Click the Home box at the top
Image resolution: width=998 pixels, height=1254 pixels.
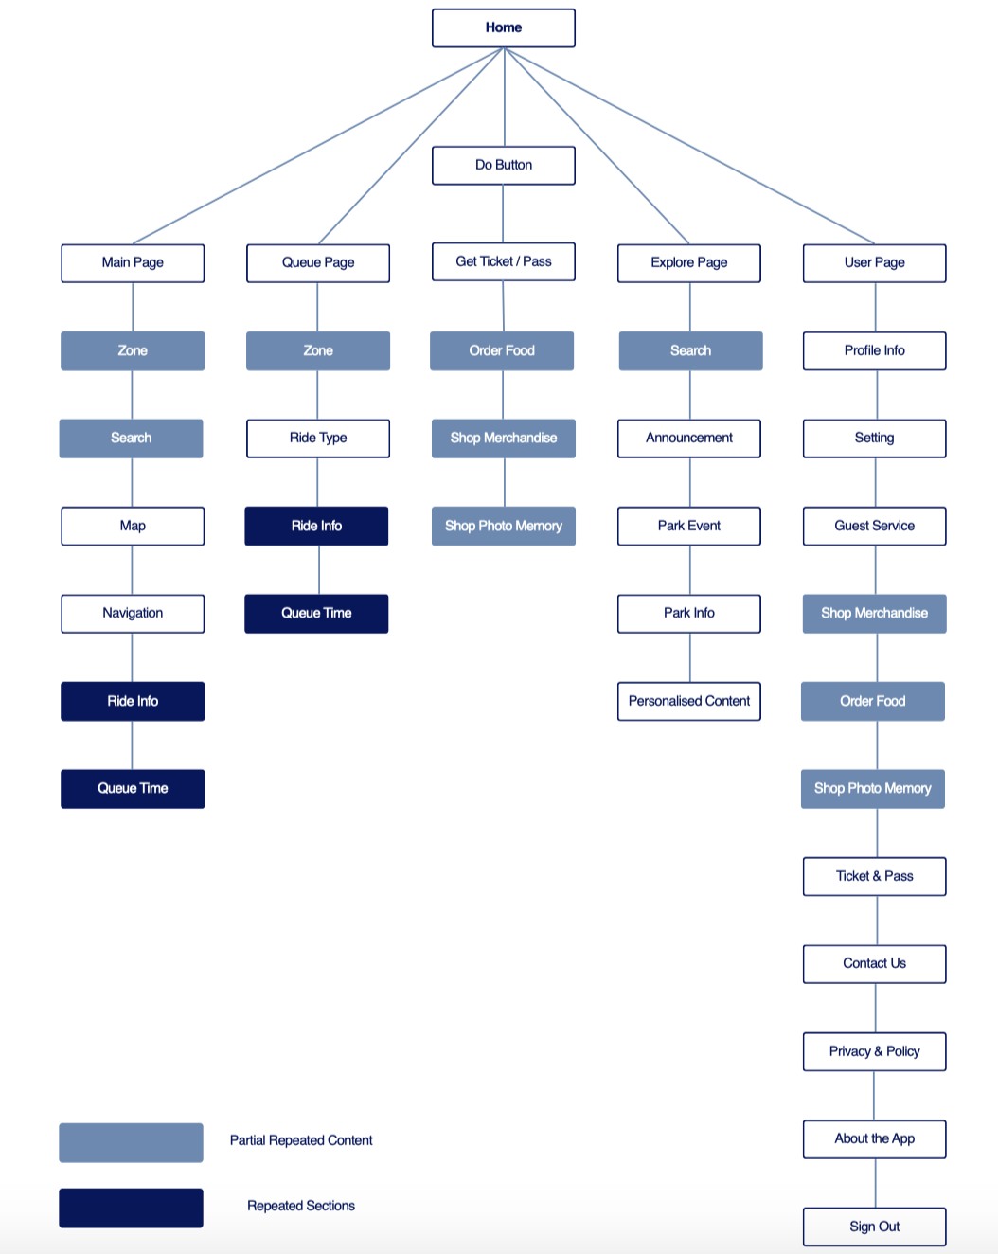click(x=504, y=27)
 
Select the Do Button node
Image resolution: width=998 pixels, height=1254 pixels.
click(x=504, y=165)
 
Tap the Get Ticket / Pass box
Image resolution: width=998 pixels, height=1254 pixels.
click(x=504, y=261)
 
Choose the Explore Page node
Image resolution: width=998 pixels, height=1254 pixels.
click(x=689, y=262)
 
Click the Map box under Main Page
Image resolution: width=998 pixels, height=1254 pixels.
click(x=133, y=526)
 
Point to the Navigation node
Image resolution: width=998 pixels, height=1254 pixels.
click(x=133, y=613)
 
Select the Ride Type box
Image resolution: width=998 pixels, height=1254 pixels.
click(x=318, y=438)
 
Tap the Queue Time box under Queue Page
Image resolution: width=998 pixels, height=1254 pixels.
click(x=316, y=613)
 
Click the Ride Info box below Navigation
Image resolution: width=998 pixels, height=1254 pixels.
click(x=133, y=701)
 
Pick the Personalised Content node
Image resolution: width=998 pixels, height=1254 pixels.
click(x=689, y=701)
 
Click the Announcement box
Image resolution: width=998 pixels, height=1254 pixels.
click(x=689, y=438)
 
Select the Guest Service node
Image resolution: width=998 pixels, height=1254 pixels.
click(x=875, y=526)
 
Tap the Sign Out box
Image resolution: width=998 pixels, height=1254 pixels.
click(x=875, y=1227)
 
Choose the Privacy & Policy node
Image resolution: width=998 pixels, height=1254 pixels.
click(x=875, y=1051)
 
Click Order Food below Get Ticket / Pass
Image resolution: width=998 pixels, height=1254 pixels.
click(x=502, y=350)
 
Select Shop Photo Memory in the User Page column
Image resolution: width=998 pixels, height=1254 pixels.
click(x=873, y=788)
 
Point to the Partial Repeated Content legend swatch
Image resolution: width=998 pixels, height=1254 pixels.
click(x=131, y=1142)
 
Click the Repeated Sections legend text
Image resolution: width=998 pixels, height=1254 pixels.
click(x=301, y=1206)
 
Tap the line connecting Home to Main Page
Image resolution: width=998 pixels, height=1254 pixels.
click(x=318, y=147)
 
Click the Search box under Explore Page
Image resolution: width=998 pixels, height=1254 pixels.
click(x=690, y=350)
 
